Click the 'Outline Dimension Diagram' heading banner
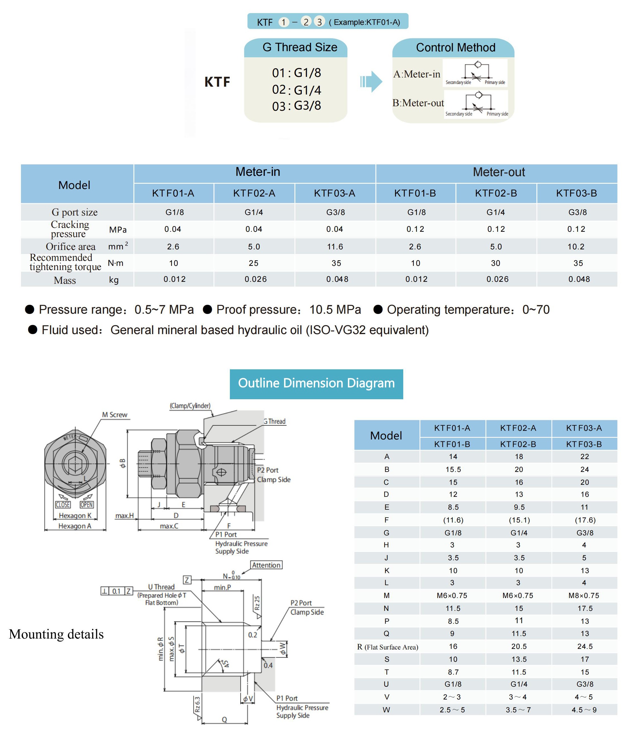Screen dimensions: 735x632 pyautogui.click(x=316, y=384)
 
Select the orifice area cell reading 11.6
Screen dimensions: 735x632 pyautogui.click(x=335, y=247)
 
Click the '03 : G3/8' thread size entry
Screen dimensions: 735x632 pyautogui.click(x=296, y=106)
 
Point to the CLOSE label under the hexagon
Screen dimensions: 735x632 pyautogui.click(x=63, y=505)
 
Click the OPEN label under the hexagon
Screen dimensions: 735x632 pyautogui.click(x=87, y=505)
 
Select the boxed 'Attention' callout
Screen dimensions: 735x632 pyautogui.click(x=266, y=565)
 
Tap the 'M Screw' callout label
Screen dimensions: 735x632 pyautogui.click(x=115, y=415)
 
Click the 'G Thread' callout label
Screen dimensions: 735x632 pyautogui.click(x=275, y=421)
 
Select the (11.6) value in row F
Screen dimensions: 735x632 pyautogui.click(x=453, y=520)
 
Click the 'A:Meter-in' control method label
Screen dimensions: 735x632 pyautogui.click(x=417, y=74)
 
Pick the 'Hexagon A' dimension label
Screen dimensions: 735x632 pyautogui.click(x=75, y=526)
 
